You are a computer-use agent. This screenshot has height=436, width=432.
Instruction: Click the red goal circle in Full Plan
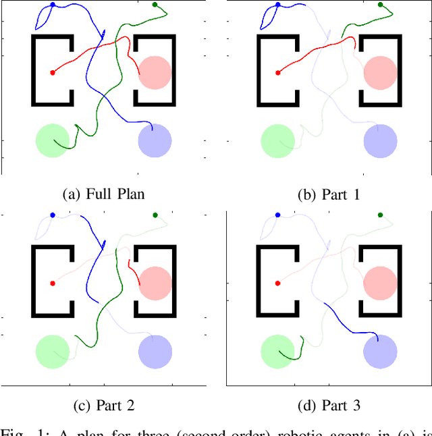(x=155, y=72)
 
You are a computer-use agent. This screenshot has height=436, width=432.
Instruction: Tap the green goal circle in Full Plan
(x=53, y=140)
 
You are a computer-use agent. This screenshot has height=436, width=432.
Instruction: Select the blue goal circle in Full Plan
(x=155, y=140)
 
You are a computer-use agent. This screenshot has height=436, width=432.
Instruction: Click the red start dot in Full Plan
(x=52, y=72)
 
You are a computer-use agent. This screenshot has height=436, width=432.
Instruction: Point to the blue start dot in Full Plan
(x=53, y=5)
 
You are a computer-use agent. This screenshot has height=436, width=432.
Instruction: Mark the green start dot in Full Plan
(x=155, y=5)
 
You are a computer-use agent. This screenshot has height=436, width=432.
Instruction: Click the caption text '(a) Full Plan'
(x=103, y=194)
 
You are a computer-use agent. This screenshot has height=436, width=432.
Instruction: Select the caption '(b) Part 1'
(x=329, y=194)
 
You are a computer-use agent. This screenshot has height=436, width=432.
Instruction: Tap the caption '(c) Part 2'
(x=103, y=405)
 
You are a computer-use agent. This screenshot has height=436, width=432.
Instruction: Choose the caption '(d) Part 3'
(x=329, y=405)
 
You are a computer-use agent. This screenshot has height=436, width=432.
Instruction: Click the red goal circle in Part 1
(x=380, y=72)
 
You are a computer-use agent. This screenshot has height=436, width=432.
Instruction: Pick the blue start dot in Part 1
(x=277, y=5)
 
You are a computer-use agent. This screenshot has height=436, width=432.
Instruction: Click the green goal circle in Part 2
(x=53, y=351)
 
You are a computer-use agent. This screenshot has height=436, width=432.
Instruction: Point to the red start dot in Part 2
(x=52, y=283)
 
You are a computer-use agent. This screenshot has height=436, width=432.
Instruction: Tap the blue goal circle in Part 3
(x=380, y=351)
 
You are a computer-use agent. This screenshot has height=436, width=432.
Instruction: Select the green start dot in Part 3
(x=380, y=215)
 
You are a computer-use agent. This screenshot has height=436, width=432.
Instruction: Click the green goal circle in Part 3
(x=277, y=351)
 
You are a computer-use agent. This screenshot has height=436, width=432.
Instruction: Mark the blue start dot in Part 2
(x=53, y=215)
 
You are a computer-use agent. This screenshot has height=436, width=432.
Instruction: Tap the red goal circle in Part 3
(x=380, y=283)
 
